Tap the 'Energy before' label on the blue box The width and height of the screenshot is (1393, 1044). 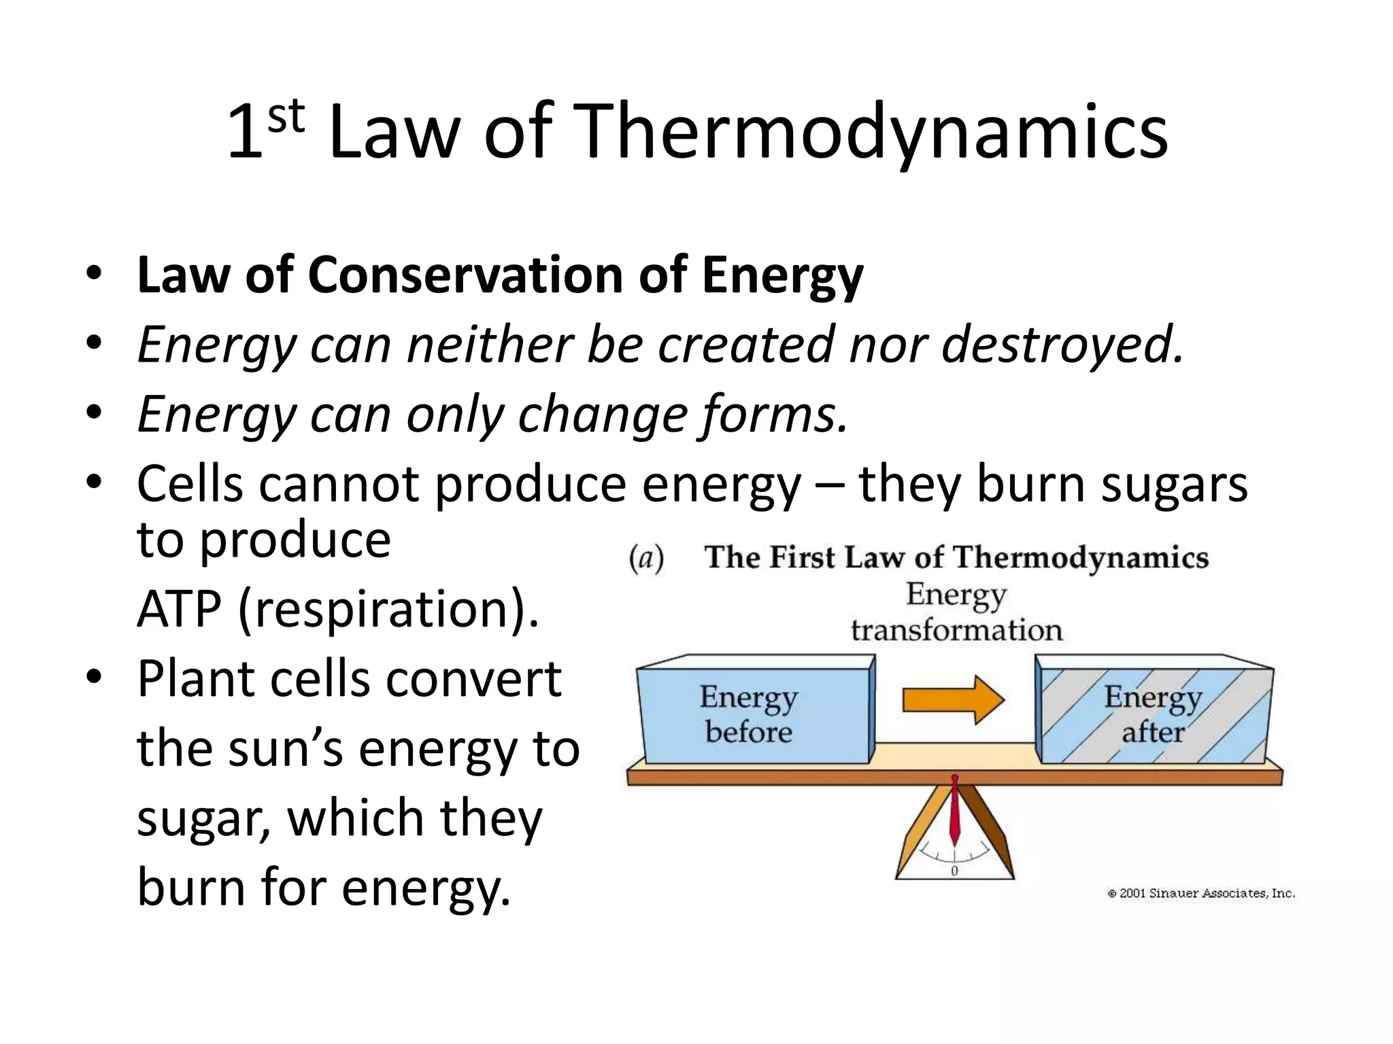pyautogui.click(x=749, y=714)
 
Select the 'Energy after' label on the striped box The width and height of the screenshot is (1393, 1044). pyautogui.click(x=1152, y=714)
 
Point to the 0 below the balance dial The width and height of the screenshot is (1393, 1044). pyautogui.click(x=954, y=871)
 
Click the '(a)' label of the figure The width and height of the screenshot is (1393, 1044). pyautogui.click(x=645, y=559)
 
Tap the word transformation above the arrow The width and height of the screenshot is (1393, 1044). pyautogui.click(x=956, y=631)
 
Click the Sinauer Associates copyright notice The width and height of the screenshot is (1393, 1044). pyautogui.click(x=1201, y=894)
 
